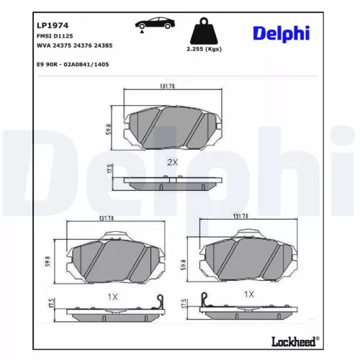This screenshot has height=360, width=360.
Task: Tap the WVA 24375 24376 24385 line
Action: pyautogui.click(x=74, y=45)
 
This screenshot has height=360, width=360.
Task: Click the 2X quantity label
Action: pyautogui.click(x=171, y=163)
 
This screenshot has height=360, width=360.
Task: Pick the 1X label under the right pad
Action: pyautogui.click(x=249, y=294)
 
